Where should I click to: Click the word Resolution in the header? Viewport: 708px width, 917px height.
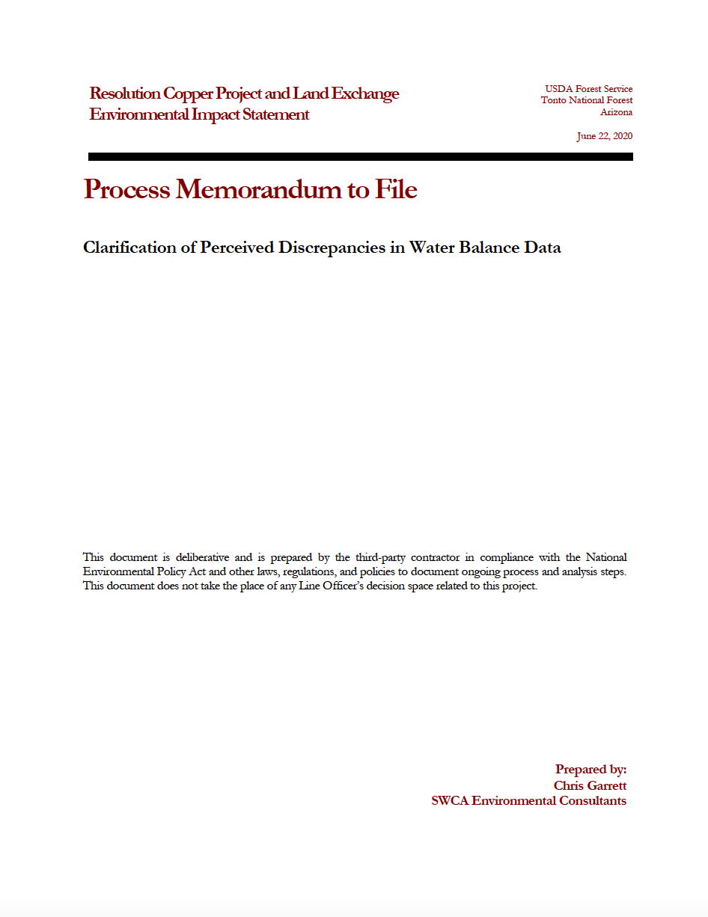(x=125, y=93)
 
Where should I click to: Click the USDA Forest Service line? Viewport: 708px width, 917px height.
(x=588, y=89)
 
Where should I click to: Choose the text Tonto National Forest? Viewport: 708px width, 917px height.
(x=587, y=100)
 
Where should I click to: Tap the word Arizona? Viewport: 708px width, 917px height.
(x=616, y=112)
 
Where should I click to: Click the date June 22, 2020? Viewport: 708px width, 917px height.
(x=604, y=136)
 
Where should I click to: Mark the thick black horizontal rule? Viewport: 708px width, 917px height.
(x=360, y=157)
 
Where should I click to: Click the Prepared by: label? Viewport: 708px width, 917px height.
(x=590, y=769)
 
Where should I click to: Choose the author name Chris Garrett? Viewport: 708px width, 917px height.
(x=590, y=785)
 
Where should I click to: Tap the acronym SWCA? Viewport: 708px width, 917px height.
(x=450, y=801)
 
